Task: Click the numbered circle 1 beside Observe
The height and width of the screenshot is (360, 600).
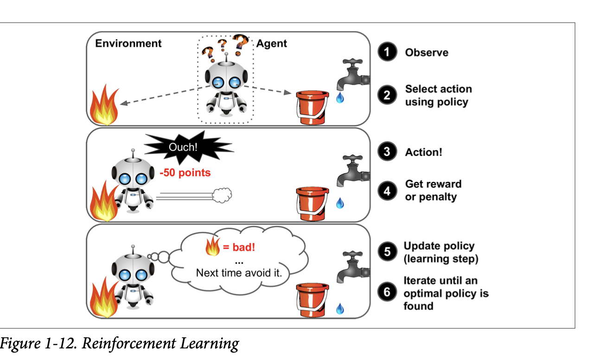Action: pyautogui.click(x=387, y=52)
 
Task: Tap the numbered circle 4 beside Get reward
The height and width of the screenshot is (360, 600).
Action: pyautogui.click(x=387, y=190)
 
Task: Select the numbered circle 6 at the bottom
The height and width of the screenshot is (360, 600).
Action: pyautogui.click(x=387, y=293)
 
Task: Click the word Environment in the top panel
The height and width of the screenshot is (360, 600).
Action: pyautogui.click(x=128, y=44)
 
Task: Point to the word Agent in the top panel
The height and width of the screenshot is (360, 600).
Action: pyautogui.click(x=272, y=44)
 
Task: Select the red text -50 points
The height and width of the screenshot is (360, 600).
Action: pyautogui.click(x=185, y=173)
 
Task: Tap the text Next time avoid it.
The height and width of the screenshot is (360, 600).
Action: pyautogui.click(x=239, y=273)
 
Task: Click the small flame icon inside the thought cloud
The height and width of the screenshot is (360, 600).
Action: pyautogui.click(x=212, y=247)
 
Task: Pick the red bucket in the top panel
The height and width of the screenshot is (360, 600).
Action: pyautogui.click(x=313, y=107)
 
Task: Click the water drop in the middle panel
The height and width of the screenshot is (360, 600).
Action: pyautogui.click(x=340, y=203)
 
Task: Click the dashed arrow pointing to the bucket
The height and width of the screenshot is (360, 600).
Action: pyautogui.click(x=269, y=90)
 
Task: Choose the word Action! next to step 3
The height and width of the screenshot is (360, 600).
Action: pyautogui.click(x=423, y=152)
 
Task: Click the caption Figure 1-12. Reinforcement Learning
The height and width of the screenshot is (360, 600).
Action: pyautogui.click(x=120, y=344)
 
